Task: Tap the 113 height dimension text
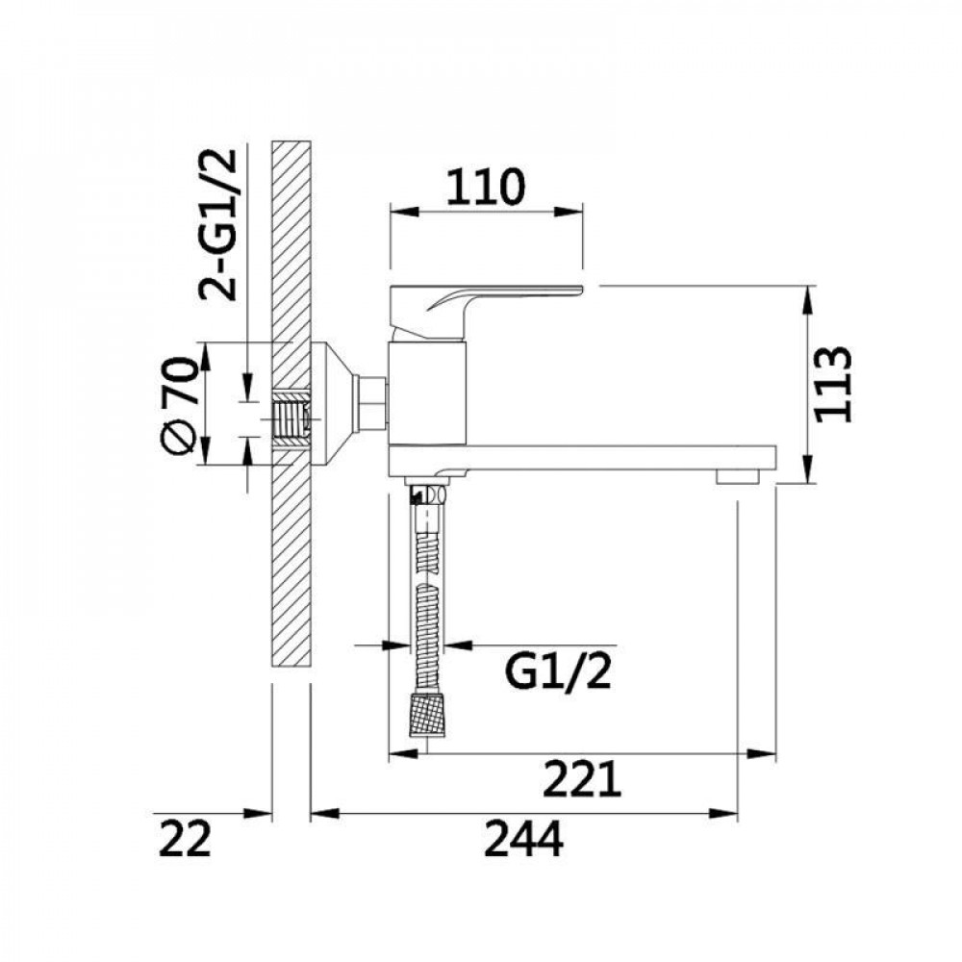click(x=832, y=385)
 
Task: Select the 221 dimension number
click(x=582, y=778)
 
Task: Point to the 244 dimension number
click(x=523, y=839)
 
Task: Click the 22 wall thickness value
click(x=185, y=839)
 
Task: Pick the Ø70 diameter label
click(x=180, y=406)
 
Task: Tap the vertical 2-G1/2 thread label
click(x=217, y=224)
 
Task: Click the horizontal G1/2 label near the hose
click(x=558, y=672)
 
